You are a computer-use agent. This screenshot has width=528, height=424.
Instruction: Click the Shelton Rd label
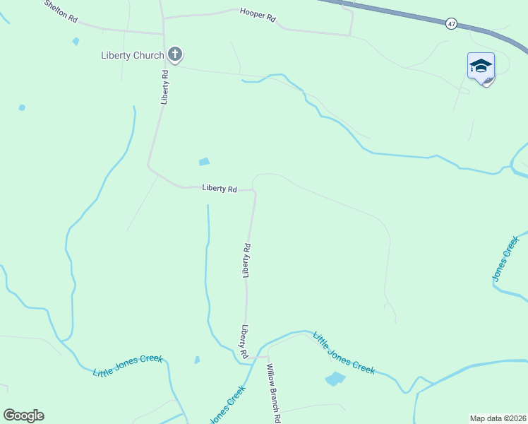pyautogui.click(x=61, y=11)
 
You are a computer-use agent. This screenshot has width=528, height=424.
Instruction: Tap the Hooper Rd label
pyautogui.click(x=258, y=14)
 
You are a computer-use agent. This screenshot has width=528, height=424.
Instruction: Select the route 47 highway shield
pyautogui.click(x=452, y=24)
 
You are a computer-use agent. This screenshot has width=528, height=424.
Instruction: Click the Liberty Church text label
pyautogui.click(x=132, y=55)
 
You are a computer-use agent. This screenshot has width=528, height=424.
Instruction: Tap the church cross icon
pyautogui.click(x=175, y=54)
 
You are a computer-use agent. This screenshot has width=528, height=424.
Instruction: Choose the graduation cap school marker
pyautogui.click(x=481, y=66)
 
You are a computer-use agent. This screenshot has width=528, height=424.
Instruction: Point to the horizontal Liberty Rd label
pyautogui.click(x=219, y=188)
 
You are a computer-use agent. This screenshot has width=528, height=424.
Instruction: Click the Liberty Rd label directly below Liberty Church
pyautogui.click(x=164, y=87)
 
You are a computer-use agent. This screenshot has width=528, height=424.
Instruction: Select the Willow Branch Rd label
pyautogui.click(x=273, y=393)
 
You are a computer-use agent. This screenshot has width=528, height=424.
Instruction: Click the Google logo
pyautogui.click(x=23, y=416)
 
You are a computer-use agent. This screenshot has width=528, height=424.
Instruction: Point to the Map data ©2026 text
pyautogui.click(x=498, y=418)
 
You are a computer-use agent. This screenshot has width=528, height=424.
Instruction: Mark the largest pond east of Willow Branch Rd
pyautogui.click(x=335, y=379)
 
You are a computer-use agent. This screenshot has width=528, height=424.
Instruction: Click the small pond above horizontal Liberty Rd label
pyautogui.click(x=204, y=162)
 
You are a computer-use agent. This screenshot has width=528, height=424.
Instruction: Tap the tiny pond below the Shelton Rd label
pyautogui.click(x=76, y=41)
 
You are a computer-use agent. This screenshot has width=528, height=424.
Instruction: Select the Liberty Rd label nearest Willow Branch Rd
pyautogui.click(x=244, y=341)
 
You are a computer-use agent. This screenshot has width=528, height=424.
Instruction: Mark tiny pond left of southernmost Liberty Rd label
pyautogui.click(x=196, y=360)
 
